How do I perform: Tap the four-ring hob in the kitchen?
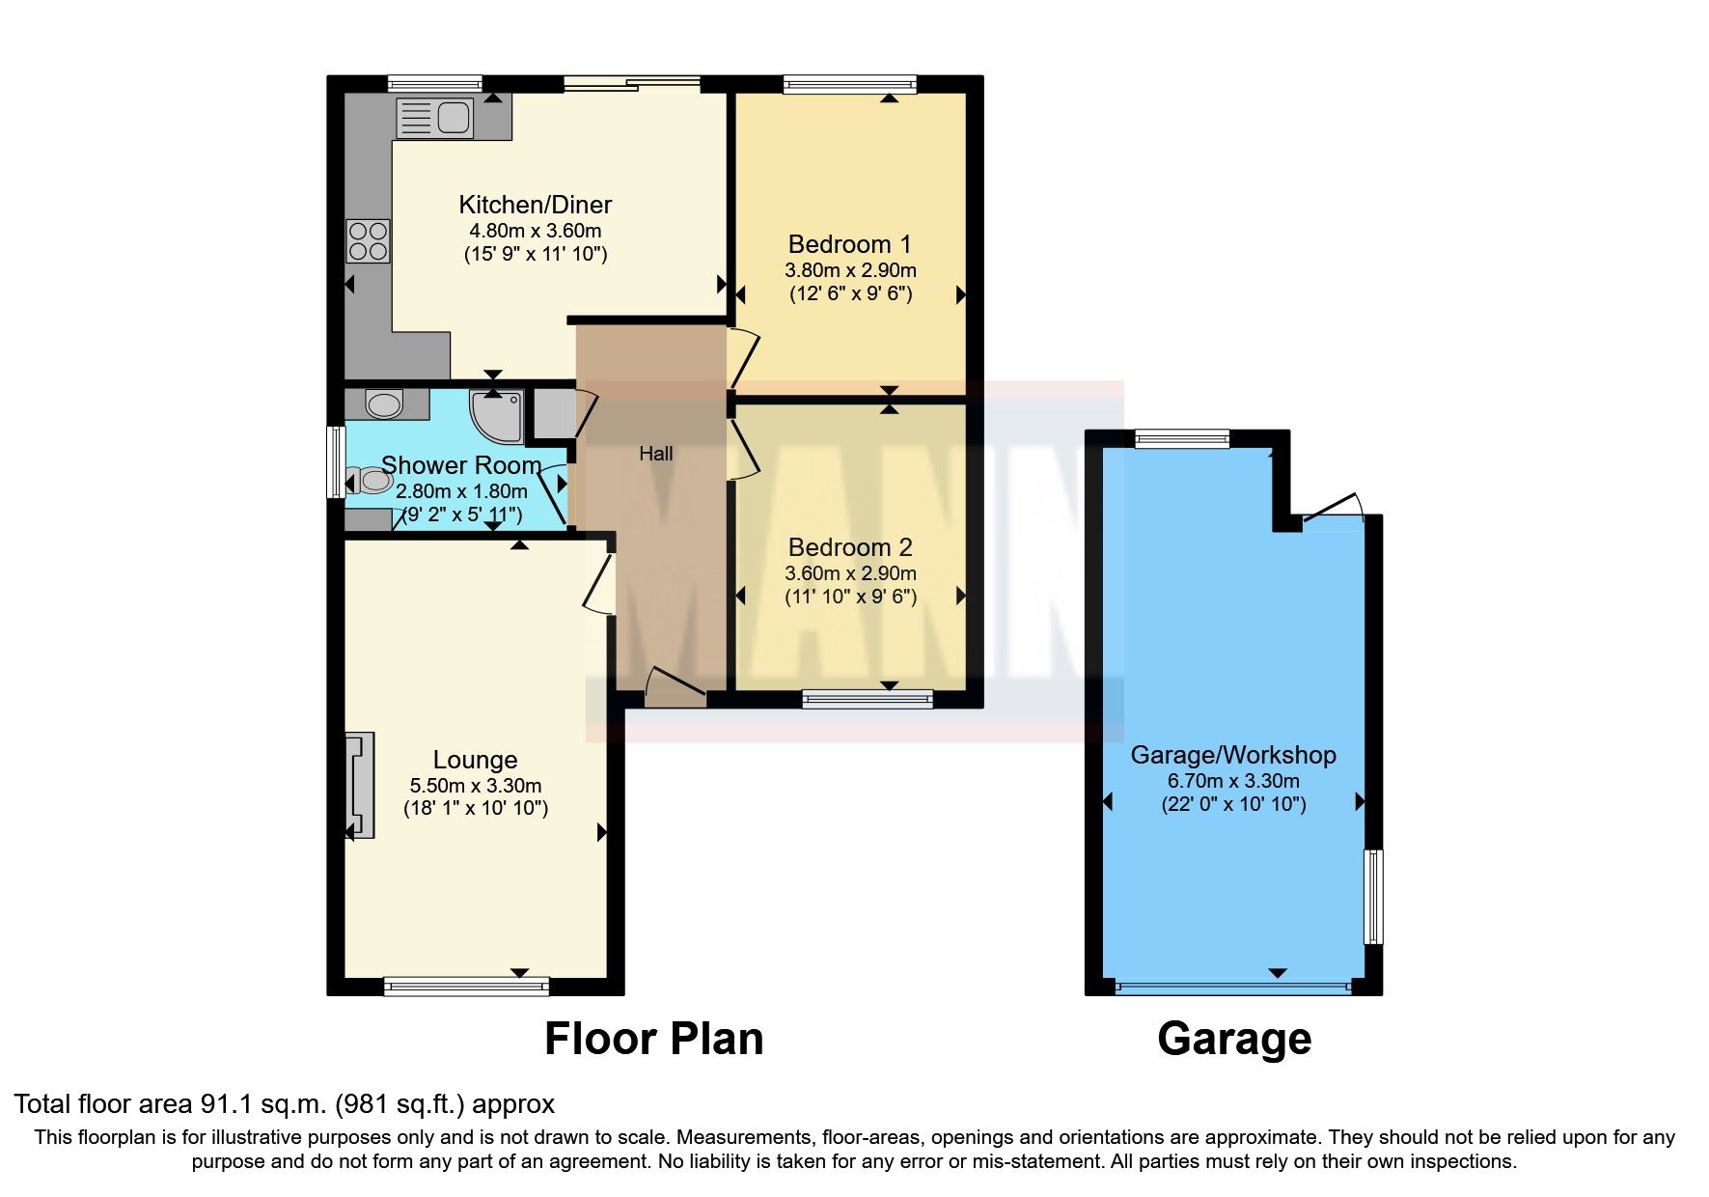368,240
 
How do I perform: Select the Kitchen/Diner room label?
535,205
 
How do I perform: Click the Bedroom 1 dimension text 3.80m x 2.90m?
850,270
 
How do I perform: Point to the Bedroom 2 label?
849,547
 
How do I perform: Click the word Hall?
655,454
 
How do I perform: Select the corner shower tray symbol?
495,413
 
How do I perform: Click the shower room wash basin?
384,404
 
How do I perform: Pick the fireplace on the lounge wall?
360,785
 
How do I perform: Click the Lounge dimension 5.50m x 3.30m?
475,786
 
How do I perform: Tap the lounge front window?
466,986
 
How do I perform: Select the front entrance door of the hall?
674,687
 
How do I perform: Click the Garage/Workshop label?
1232,755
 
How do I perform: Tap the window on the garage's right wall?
1372,896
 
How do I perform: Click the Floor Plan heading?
653,1040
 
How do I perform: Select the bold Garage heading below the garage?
1233,1040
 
